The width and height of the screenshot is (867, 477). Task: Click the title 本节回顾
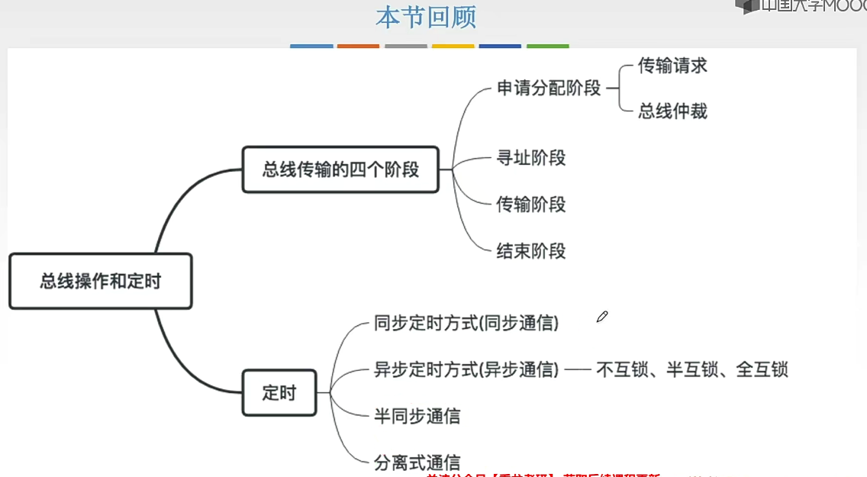point(426,18)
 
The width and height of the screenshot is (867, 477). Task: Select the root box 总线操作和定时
point(100,282)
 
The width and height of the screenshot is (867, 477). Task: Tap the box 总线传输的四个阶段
point(340,169)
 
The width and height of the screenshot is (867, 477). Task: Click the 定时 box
point(279,393)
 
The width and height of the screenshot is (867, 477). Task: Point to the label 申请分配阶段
point(549,89)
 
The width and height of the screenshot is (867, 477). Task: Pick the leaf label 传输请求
point(672,66)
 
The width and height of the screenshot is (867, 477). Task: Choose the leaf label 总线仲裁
point(672,111)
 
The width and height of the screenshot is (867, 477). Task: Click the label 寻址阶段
point(531,158)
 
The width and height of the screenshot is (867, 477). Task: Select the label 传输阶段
point(531,205)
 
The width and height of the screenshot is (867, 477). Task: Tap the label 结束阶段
point(531,251)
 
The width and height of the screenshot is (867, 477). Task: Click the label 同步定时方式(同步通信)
point(466,324)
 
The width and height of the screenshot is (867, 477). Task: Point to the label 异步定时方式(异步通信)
point(466,370)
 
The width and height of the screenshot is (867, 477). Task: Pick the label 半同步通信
point(417,417)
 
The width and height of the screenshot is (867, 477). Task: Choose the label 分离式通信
point(417,462)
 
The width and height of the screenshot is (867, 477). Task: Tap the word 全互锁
point(762,370)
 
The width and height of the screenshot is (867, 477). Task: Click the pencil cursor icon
point(602,317)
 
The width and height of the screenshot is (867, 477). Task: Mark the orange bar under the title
point(358,46)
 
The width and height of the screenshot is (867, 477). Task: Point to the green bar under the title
point(547,46)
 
